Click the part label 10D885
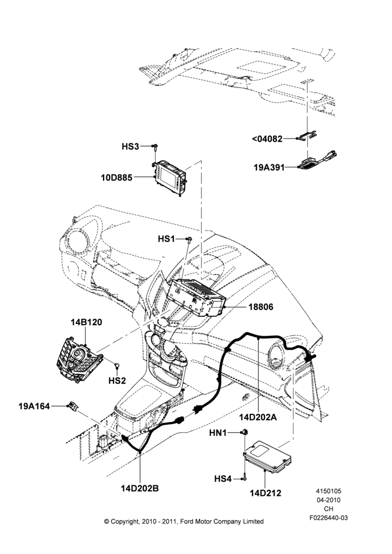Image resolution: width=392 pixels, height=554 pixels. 116,177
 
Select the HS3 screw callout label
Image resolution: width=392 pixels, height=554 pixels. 130,146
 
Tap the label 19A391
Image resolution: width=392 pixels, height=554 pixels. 269,167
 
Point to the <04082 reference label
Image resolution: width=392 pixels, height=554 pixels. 267,139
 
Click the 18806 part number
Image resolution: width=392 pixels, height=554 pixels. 261,307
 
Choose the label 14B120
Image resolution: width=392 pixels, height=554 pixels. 86,322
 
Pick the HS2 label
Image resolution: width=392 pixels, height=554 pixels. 117,381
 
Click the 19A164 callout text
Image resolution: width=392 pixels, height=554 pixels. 34,406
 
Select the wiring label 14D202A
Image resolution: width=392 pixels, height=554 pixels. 258,417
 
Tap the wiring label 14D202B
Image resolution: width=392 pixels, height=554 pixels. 140,489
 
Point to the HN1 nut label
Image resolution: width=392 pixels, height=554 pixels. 218,433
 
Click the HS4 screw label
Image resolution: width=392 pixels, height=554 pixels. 223,479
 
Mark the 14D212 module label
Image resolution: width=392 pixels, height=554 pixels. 266,493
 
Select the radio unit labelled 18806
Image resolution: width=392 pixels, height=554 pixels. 197,297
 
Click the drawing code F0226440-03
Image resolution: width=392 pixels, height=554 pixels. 329,518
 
